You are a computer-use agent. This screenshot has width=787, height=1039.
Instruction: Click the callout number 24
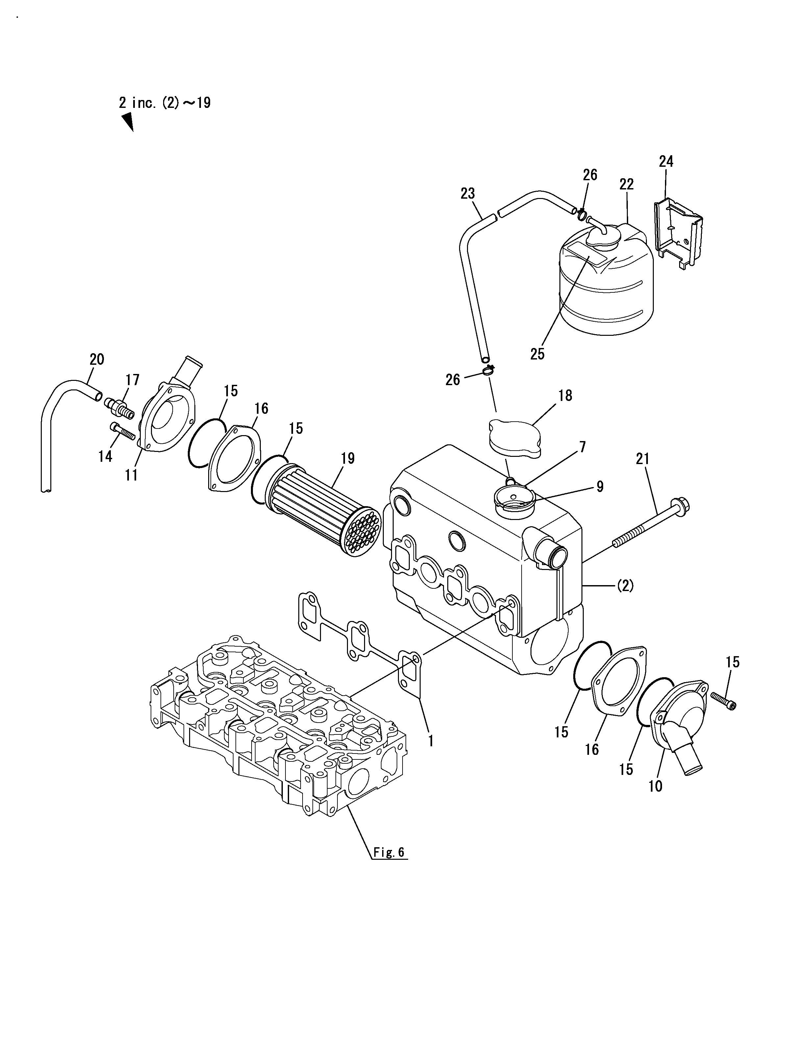[666, 161]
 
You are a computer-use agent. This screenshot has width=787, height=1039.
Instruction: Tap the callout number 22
[627, 184]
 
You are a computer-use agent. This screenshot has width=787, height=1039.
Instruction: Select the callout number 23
[468, 193]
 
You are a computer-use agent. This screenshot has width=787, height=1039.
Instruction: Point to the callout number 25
[538, 354]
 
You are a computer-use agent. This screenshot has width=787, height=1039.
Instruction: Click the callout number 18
[565, 395]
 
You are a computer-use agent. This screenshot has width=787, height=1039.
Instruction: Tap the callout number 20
[97, 359]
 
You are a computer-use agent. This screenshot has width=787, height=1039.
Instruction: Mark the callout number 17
[133, 380]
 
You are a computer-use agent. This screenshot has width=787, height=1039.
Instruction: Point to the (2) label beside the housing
[625, 586]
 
